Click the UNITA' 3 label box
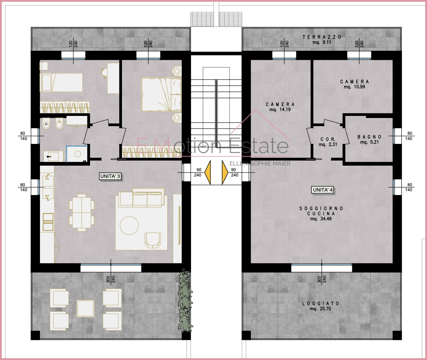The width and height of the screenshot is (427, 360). tap(110, 176)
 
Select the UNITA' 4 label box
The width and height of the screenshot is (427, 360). tap(323, 190)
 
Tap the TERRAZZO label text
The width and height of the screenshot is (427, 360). tap(322, 37)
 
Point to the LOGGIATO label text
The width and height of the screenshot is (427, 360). tap(320, 303)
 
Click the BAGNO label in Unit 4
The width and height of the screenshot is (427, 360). tap(370, 137)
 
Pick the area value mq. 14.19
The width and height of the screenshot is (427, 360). tap(280, 110)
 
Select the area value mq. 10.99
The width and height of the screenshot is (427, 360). tap(354, 87)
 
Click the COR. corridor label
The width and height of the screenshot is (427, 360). tap(327, 139)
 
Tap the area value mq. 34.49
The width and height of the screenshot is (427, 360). tap(321, 219)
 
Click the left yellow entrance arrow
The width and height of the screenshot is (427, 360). tap(208, 172)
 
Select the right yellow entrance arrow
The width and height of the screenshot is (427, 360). tap(225, 172)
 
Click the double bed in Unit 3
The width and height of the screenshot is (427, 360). tap(162, 95)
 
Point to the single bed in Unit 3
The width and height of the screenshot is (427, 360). tap(61, 83)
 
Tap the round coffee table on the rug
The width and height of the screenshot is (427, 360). tap(129, 226)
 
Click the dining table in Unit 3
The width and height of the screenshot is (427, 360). tap(82, 213)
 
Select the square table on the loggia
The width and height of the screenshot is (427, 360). tap(86, 309)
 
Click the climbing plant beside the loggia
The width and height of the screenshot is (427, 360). tap(185, 300)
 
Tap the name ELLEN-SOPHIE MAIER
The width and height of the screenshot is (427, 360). tap(260, 164)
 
